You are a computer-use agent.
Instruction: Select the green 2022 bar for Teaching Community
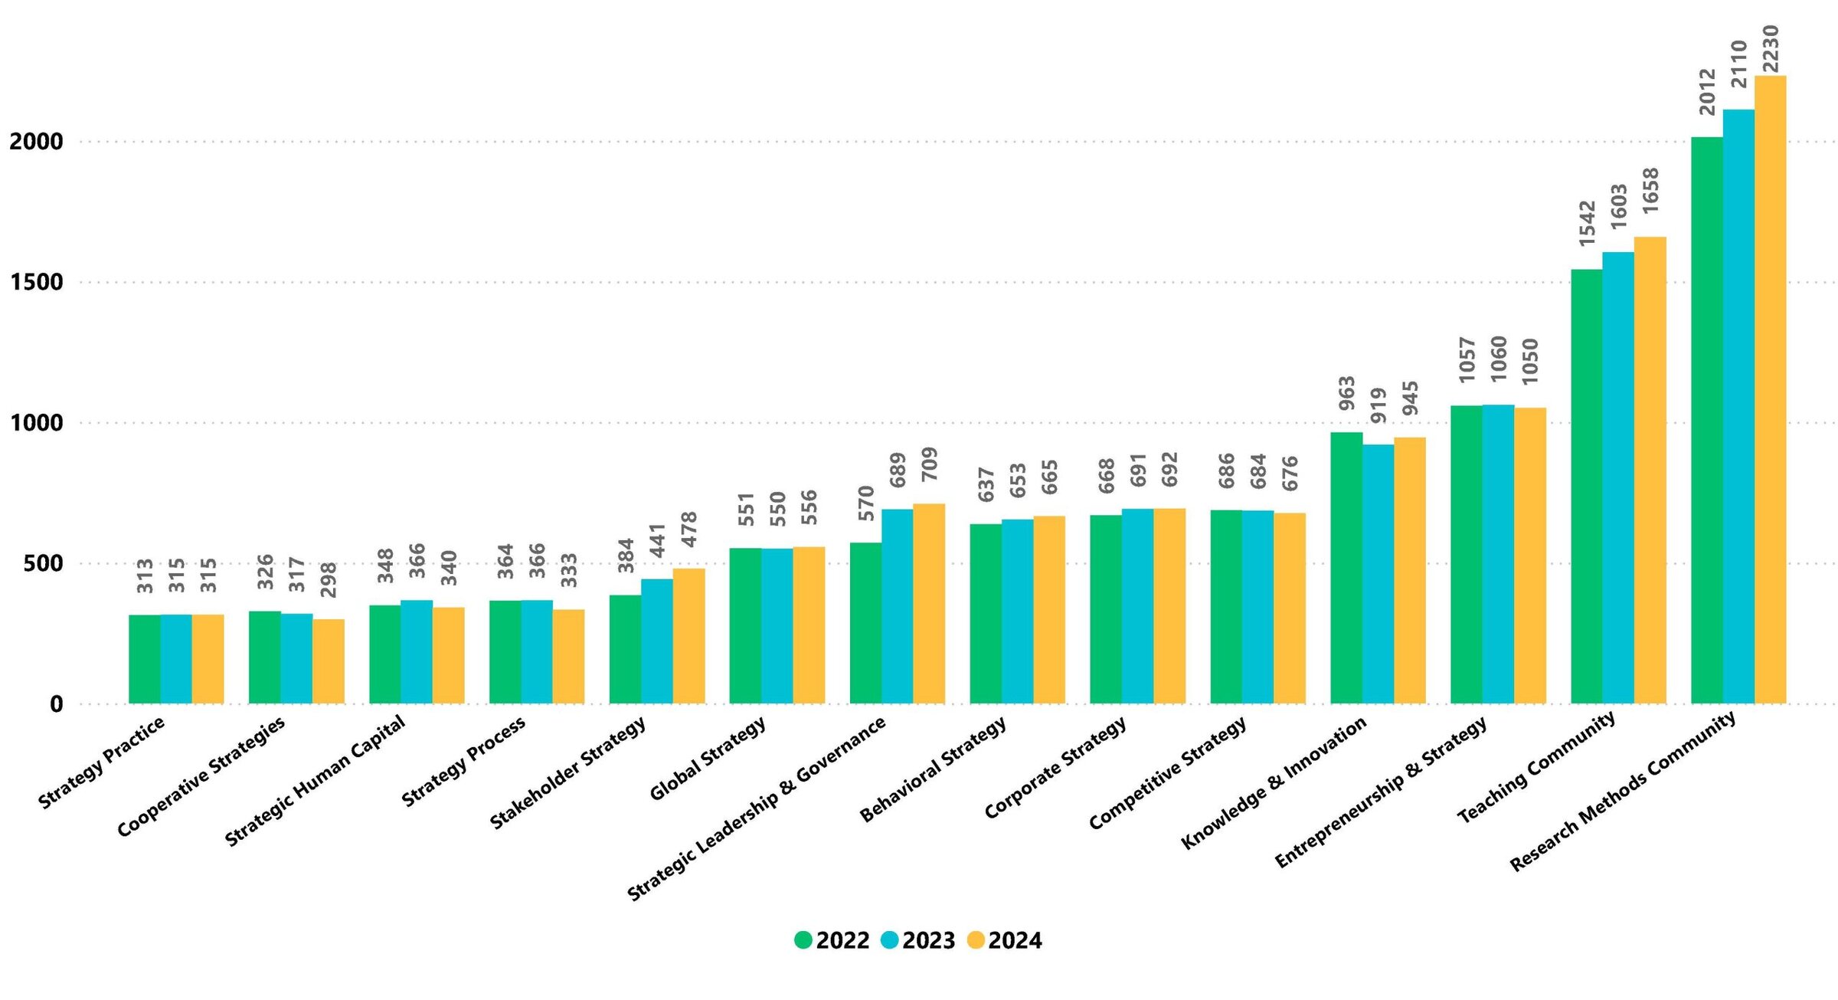coord(1586,486)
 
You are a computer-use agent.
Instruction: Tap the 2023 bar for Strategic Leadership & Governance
coord(897,606)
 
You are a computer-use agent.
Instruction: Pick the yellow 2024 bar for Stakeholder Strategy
coord(688,635)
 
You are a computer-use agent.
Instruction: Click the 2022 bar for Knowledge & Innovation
coord(1346,568)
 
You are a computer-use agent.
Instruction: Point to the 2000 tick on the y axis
coord(36,142)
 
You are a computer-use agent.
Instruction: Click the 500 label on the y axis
coord(43,564)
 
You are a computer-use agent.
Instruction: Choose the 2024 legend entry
coord(1006,940)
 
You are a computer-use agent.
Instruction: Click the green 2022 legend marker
coord(803,940)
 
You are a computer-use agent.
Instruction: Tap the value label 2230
coord(1770,49)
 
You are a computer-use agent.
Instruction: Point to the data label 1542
coord(1587,224)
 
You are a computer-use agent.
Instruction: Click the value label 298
coord(329,580)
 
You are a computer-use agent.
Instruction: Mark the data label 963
coord(1347,393)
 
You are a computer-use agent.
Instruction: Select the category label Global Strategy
coord(707,759)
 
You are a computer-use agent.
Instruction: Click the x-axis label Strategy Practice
coord(101,762)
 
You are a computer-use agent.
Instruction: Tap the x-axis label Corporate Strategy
coord(1055,767)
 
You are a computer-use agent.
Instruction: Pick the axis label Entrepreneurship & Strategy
coord(1380,792)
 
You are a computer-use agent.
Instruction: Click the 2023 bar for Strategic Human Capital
coord(417,651)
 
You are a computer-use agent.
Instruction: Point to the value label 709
coord(929,464)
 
